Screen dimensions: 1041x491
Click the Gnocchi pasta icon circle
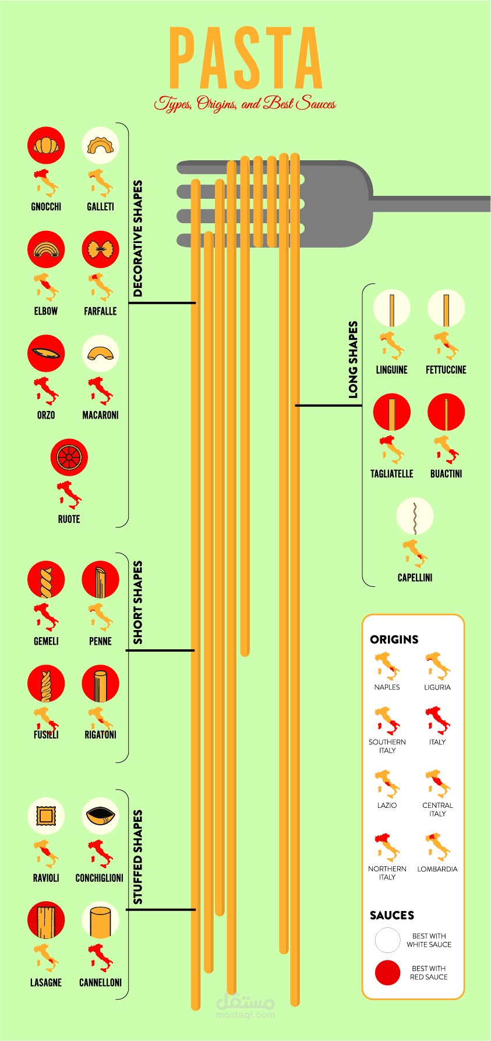coord(46,145)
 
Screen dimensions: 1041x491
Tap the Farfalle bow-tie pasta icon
coord(100,249)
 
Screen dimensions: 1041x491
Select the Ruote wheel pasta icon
coord(69,458)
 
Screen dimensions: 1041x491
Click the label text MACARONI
coord(100,415)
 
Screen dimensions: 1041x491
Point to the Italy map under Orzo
coord(46,391)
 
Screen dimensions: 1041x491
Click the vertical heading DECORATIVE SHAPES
coord(138,238)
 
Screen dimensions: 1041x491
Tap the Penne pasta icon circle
coord(100,579)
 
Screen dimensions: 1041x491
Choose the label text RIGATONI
coord(100,734)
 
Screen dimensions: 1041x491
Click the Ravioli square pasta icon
coord(46,815)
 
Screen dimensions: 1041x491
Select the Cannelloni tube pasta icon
coord(100,920)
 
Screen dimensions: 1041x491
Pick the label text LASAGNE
coord(46,982)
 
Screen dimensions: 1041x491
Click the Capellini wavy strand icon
coord(415,516)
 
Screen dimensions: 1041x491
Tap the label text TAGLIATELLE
coord(391,474)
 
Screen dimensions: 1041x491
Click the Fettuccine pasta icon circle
coord(446,308)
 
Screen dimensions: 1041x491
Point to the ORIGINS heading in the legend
coord(394,639)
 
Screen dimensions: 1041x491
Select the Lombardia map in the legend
coord(437,847)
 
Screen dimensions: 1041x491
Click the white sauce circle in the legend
coord(387,940)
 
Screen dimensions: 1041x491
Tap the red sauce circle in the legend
coord(387,973)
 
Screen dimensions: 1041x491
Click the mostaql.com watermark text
coord(245,1015)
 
